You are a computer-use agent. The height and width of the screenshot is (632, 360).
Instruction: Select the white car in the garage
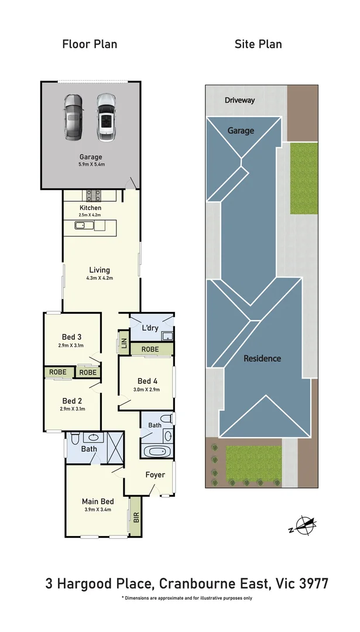(x=105, y=118)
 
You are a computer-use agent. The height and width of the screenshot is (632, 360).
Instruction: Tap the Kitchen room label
(x=90, y=208)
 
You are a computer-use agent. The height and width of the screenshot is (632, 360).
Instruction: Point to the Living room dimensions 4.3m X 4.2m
(x=100, y=278)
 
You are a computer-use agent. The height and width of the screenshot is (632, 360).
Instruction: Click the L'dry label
(x=150, y=328)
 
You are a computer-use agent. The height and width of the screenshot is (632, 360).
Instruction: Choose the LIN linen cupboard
(x=124, y=344)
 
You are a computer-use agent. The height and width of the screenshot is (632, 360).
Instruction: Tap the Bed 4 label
(x=146, y=380)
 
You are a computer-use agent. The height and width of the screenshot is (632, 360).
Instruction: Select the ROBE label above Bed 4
(x=150, y=349)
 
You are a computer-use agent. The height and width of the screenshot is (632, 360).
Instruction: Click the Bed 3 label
(x=71, y=337)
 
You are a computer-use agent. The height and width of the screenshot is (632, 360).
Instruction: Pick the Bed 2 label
(x=71, y=401)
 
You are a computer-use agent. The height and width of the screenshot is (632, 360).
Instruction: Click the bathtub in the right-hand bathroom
(x=156, y=451)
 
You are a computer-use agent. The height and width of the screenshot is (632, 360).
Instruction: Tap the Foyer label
(x=155, y=475)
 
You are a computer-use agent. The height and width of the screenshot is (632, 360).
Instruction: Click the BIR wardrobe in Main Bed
(x=136, y=516)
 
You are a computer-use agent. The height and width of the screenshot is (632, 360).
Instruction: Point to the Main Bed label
(x=97, y=502)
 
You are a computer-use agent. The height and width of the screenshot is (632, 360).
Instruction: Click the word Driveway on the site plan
(x=240, y=100)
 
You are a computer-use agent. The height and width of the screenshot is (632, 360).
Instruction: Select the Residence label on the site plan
(x=262, y=359)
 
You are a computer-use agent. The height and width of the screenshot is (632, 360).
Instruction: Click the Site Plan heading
(x=258, y=44)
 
